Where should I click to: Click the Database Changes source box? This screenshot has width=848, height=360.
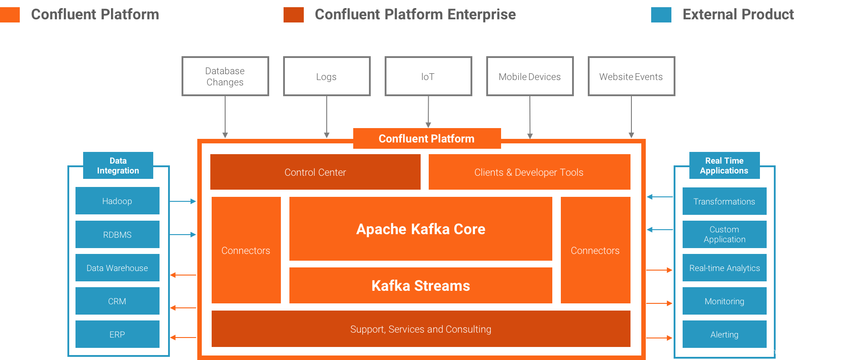pyautogui.click(x=225, y=76)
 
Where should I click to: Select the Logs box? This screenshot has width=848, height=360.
pyautogui.click(x=327, y=76)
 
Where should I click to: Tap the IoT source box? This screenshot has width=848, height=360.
pyautogui.click(x=428, y=76)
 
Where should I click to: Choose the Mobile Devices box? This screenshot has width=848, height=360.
pyautogui.click(x=530, y=76)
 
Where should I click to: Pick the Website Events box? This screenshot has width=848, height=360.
pyautogui.click(x=631, y=76)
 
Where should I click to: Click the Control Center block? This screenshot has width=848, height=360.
pyautogui.click(x=315, y=172)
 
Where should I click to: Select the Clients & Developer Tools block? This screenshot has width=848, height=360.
pyautogui.click(x=529, y=172)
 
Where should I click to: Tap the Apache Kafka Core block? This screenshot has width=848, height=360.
pyautogui.click(x=421, y=229)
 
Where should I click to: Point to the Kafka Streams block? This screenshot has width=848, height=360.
pyautogui.click(x=421, y=285)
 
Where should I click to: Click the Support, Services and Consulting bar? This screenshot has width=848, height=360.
pyautogui.click(x=421, y=329)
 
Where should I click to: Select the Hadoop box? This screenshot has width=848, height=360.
pyautogui.click(x=117, y=201)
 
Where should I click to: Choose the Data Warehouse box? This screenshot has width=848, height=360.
pyautogui.click(x=117, y=268)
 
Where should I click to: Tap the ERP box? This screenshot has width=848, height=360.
pyautogui.click(x=117, y=334)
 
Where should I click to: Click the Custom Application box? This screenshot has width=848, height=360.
pyautogui.click(x=724, y=234)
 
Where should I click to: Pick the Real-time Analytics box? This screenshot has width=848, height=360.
pyautogui.click(x=724, y=268)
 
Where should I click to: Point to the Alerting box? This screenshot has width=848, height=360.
pyautogui.click(x=724, y=334)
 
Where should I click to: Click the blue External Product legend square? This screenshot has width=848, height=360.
pyautogui.click(x=661, y=14)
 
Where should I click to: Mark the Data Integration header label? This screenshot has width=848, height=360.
pyautogui.click(x=118, y=165)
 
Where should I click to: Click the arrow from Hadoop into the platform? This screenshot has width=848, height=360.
pyautogui.click(x=183, y=201)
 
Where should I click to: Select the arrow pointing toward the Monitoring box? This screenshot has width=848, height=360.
pyautogui.click(x=659, y=303)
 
